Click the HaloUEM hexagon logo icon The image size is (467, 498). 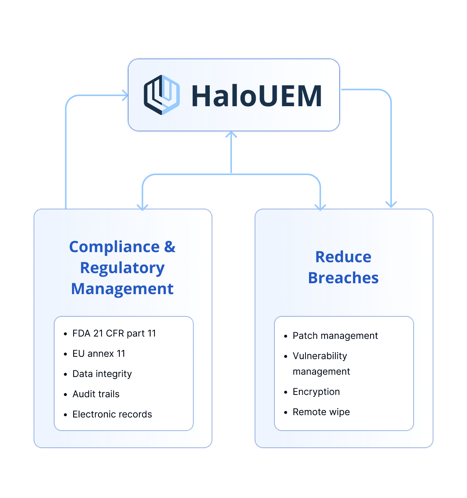[162, 95]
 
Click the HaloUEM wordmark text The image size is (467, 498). [256, 96]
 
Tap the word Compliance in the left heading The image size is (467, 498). [114, 247]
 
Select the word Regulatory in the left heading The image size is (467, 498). [122, 268]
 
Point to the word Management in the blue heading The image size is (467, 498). [122, 289]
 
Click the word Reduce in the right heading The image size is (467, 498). [343, 257]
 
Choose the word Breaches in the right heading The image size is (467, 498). [343, 278]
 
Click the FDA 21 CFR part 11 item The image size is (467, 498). [114, 333]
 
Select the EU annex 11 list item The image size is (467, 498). [99, 354]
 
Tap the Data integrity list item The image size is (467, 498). [102, 374]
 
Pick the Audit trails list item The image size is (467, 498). [96, 394]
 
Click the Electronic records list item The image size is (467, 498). [112, 414]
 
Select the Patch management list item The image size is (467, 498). [335, 336]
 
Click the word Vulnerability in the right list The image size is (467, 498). [320, 356]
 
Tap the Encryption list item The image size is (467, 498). [316, 392]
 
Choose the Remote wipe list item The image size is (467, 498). [321, 412]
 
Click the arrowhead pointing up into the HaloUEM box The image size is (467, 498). [231, 135]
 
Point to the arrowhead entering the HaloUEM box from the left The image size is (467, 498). [125, 95]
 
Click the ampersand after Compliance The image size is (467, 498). [170, 247]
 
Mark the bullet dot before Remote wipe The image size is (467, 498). [286, 412]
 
